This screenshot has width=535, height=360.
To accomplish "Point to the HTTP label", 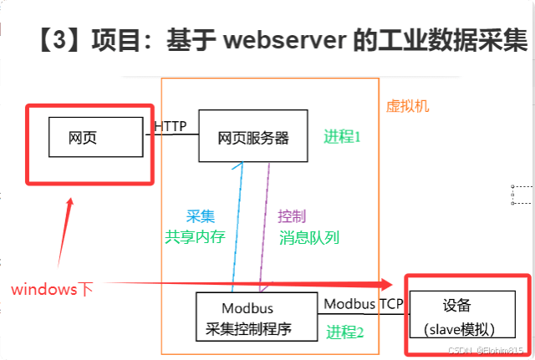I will (171, 126).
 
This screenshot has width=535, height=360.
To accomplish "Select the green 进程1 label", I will (342, 136).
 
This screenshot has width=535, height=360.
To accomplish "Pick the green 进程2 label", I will (345, 331).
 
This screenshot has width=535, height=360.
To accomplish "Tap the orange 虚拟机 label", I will (407, 106).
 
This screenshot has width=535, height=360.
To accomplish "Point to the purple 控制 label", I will (292, 215).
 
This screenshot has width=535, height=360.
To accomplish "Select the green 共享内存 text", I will (195, 236).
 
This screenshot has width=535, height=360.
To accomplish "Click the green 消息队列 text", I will (309, 237).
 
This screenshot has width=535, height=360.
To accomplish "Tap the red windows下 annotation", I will (52, 289).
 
